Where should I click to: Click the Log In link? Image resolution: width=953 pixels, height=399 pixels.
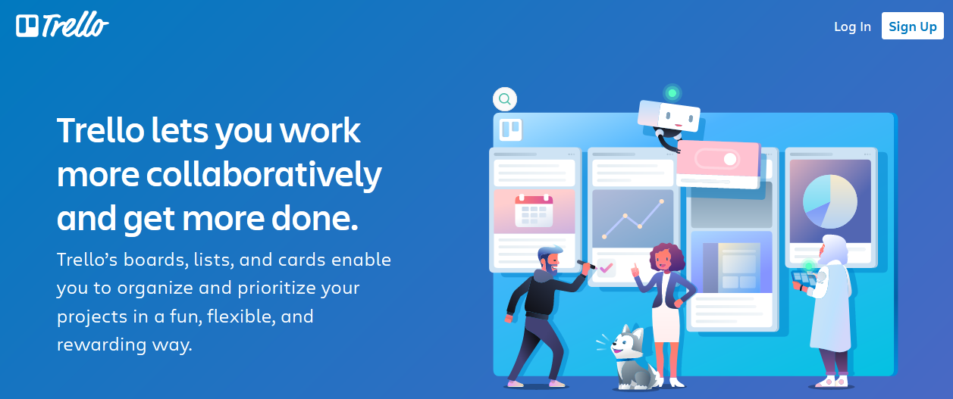tap(852, 26)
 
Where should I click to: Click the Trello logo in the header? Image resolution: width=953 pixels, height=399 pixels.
tap(62, 25)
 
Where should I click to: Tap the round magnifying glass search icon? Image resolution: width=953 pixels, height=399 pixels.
tap(505, 99)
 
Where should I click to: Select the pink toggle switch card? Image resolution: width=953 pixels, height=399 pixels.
tap(718, 164)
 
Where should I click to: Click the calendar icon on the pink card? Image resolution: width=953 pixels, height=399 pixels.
tap(534, 210)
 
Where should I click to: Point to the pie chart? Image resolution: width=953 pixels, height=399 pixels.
tap(829, 201)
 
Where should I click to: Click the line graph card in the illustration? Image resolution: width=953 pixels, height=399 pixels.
tap(632, 218)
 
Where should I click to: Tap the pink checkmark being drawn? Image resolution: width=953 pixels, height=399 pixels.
tap(606, 268)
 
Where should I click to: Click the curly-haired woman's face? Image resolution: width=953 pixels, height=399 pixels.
tap(663, 260)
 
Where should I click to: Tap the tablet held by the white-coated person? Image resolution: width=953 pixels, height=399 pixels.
tap(804, 279)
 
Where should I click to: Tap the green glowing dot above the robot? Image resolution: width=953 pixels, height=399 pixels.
tap(672, 92)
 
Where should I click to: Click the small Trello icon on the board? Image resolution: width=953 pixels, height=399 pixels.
tap(510, 129)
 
